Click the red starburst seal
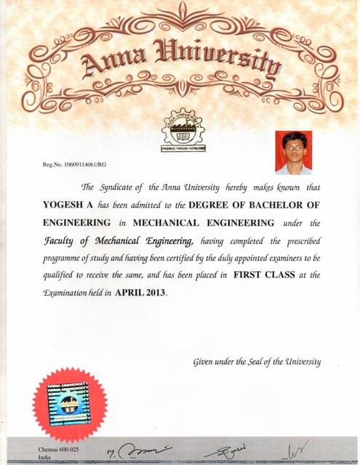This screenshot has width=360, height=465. click(x=70, y=404)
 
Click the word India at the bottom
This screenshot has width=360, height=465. click(x=45, y=459)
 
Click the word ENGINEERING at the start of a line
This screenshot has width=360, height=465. click(x=77, y=222)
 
